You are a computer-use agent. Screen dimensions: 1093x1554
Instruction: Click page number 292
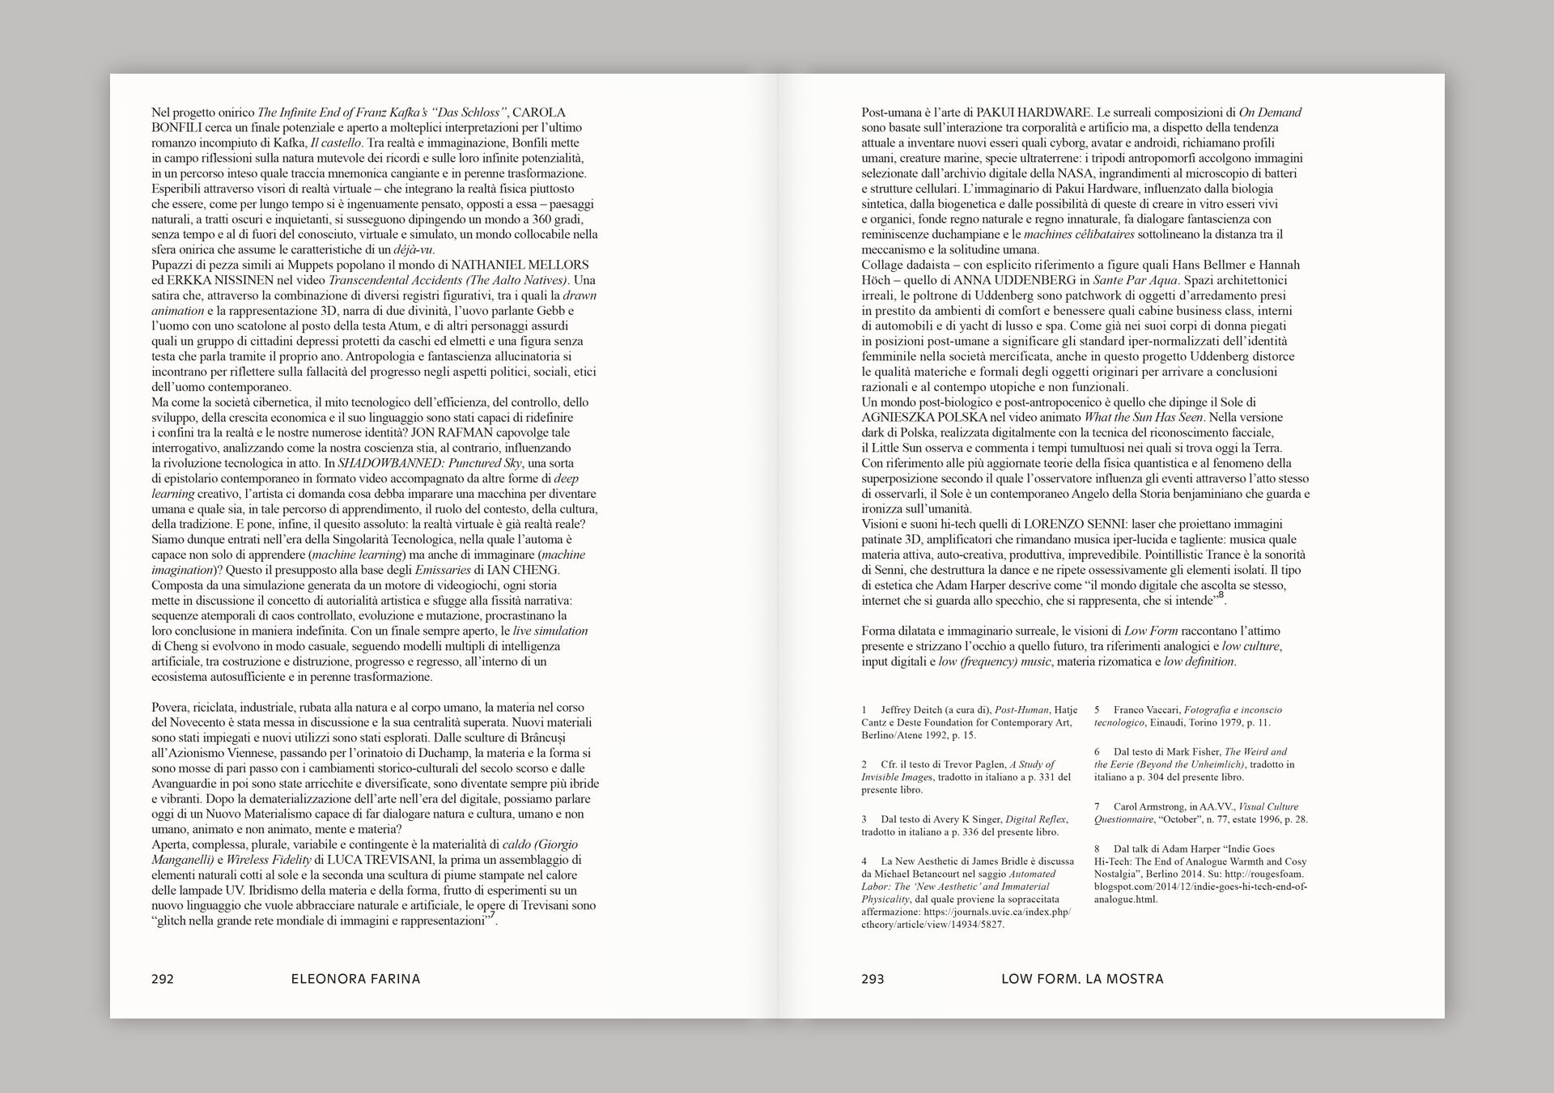[x=163, y=979]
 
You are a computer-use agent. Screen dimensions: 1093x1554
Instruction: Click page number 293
[x=873, y=979]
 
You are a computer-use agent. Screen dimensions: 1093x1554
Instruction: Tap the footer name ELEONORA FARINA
[x=355, y=979]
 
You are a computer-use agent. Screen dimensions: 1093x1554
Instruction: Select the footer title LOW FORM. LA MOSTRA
[x=1082, y=979]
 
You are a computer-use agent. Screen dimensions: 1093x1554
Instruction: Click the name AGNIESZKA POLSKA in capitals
[x=924, y=418]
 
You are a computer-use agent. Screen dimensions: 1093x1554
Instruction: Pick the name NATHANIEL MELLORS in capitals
[x=520, y=265]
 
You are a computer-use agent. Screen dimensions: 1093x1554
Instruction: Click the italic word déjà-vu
[x=414, y=249]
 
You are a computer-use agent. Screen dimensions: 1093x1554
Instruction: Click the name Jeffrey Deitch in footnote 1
[x=915, y=710]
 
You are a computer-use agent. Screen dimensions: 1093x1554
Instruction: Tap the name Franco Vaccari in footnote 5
[x=1145, y=710]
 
